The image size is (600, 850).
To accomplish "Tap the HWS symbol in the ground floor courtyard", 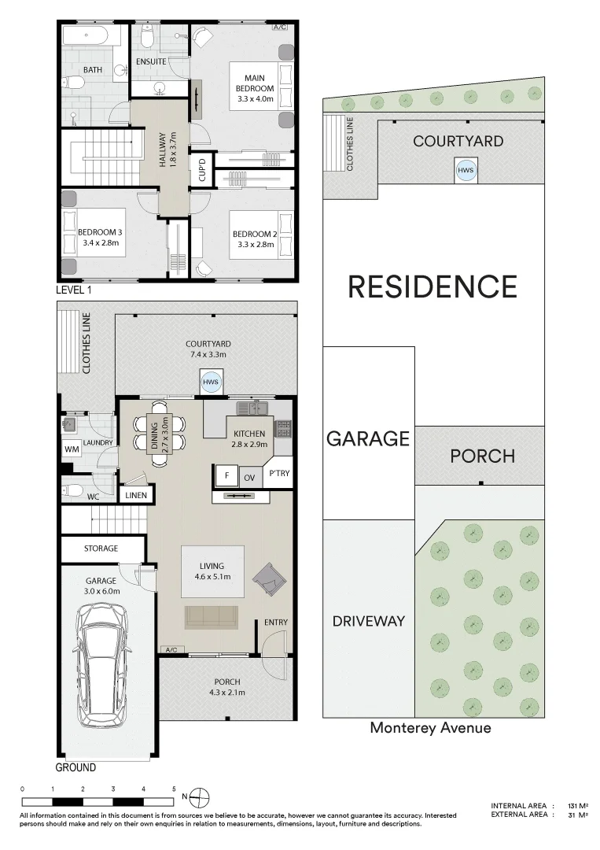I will click(211, 382).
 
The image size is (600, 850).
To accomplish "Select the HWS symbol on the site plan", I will click(467, 170).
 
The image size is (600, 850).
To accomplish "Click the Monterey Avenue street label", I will click(430, 728).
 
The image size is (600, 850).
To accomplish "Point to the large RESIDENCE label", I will click(433, 286).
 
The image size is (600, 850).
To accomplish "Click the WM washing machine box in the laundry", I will click(72, 449).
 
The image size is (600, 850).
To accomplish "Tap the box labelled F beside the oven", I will click(226, 477).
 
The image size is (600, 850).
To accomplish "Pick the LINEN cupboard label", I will click(136, 495).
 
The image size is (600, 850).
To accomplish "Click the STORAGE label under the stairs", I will click(101, 548).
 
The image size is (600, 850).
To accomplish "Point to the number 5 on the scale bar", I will click(174, 788).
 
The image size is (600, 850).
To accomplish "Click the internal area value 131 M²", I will click(578, 806).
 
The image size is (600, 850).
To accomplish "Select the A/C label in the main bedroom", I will click(279, 28).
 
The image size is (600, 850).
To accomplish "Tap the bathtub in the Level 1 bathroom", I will click(92, 36).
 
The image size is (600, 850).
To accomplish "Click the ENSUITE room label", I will click(151, 61).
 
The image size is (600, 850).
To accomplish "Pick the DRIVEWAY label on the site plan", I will click(369, 621).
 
